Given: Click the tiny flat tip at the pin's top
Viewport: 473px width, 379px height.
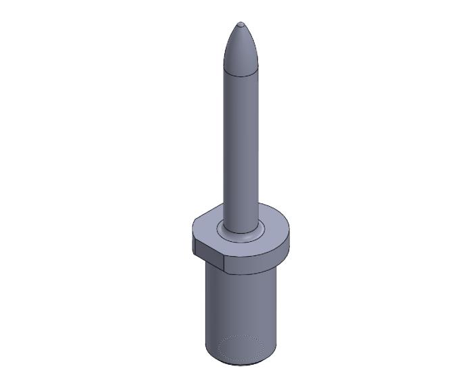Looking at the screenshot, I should (241, 24).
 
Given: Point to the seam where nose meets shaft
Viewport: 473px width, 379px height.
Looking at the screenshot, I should (241, 73).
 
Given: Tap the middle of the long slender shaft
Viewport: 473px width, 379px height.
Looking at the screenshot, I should (241, 142).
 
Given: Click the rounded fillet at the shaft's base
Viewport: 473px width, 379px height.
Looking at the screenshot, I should (241, 234).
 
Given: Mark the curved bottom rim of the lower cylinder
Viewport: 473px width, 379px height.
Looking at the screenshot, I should (241, 365).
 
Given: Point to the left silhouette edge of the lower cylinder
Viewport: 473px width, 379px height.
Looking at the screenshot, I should (205, 311).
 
